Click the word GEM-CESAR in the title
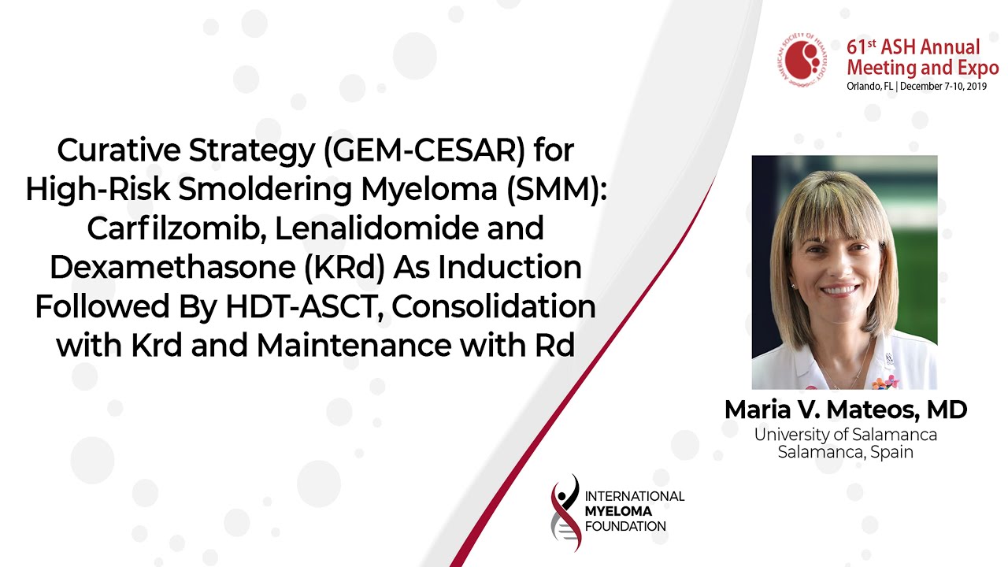click(424, 150)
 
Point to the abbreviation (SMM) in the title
click(557, 190)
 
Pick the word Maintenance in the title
click(354, 346)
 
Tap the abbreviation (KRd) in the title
click(344, 268)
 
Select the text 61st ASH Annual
click(913, 47)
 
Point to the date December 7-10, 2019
click(943, 86)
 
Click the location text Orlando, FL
click(869, 86)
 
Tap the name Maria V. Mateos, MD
click(846, 410)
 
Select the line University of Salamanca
click(845, 435)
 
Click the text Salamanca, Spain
click(845, 452)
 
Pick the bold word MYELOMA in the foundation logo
click(618, 511)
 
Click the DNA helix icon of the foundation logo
click(565, 513)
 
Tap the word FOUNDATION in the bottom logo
click(625, 527)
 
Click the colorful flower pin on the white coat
click(884, 383)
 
